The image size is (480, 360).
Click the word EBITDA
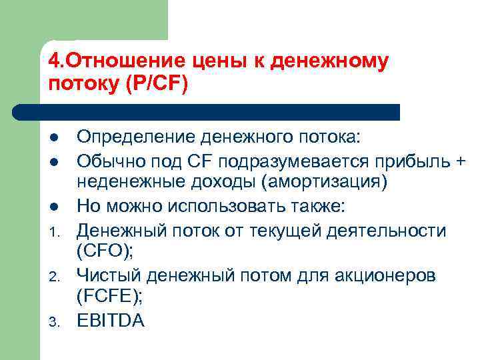tap(111, 321)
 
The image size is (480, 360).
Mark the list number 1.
tap(54, 232)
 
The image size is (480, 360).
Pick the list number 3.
tap(54, 324)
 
